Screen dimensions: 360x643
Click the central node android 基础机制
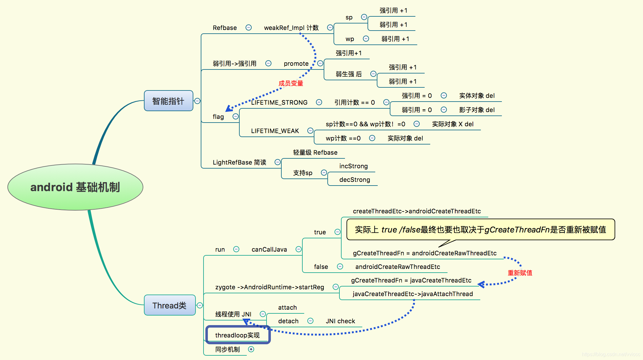(x=75, y=187)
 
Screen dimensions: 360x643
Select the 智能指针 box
(x=168, y=101)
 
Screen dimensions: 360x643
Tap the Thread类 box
(x=170, y=305)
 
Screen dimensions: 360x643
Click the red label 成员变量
(x=291, y=83)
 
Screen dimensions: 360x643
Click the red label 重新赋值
(x=520, y=273)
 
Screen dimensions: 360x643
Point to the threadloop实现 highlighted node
(x=237, y=335)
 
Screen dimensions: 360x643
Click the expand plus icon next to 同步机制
(x=251, y=349)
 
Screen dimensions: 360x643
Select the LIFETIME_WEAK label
(x=275, y=131)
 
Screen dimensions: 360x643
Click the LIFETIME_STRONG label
(x=279, y=103)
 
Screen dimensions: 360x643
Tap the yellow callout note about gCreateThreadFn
(x=480, y=230)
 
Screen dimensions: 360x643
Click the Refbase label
(x=225, y=28)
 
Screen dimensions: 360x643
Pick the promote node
(x=296, y=64)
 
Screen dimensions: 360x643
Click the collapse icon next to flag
(x=236, y=116)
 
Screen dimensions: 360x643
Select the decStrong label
(x=355, y=180)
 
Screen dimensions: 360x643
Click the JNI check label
(x=340, y=321)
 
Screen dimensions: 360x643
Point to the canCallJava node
(x=269, y=249)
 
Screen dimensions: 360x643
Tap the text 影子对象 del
(x=477, y=110)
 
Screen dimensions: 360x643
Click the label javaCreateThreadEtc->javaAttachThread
(x=412, y=294)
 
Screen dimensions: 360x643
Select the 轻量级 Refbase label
(x=315, y=153)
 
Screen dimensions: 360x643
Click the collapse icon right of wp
(x=366, y=39)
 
